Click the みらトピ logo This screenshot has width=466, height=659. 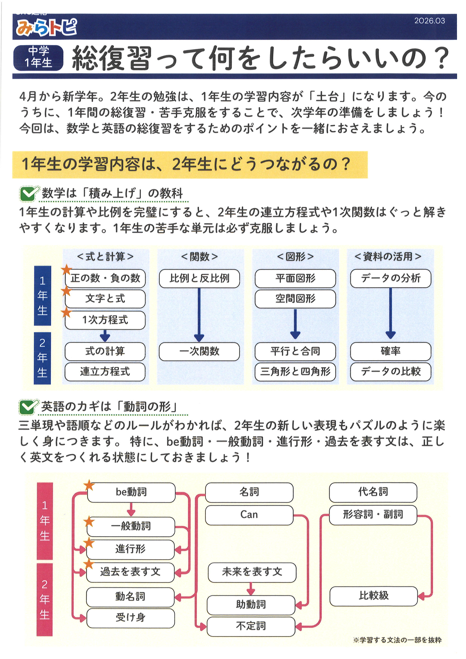(46, 27)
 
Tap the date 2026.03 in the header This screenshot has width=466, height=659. (429, 21)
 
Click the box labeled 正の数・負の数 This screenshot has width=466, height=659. (105, 278)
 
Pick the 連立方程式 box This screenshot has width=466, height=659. (105, 372)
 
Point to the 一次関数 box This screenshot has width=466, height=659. (199, 351)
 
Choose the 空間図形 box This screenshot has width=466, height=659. (295, 299)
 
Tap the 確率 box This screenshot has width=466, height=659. (390, 351)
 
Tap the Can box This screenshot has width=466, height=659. (249, 515)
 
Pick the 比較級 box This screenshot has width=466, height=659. (373, 595)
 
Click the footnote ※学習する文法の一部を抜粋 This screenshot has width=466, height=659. (397, 640)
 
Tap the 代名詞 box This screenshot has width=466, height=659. (373, 492)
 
